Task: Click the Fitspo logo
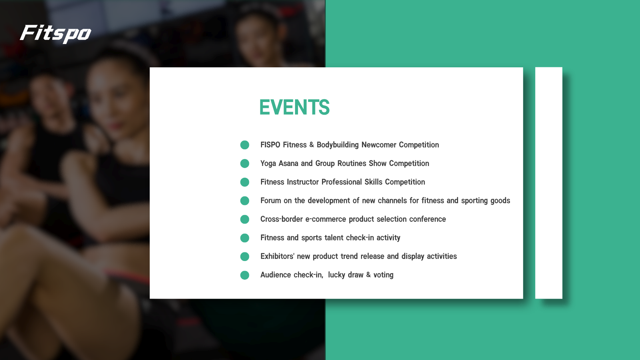coord(56,34)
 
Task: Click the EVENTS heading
coord(294,107)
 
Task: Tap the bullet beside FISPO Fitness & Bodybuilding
coord(245,145)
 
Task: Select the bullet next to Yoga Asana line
coord(245,164)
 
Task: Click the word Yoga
coord(268,164)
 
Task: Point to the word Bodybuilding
coord(338,145)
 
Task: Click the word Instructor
coord(303,182)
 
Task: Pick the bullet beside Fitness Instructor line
coord(245,182)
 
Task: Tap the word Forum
coord(271,201)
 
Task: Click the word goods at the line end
coord(500,201)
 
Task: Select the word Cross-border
coord(282,219)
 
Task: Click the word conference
coord(428,219)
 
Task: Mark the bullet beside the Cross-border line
coord(245,219)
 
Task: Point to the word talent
coord(334,238)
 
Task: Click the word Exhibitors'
coord(277,256)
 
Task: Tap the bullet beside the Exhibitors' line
coord(245,256)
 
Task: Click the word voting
coord(383,275)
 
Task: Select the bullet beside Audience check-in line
coord(245,275)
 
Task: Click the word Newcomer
coord(379,145)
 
